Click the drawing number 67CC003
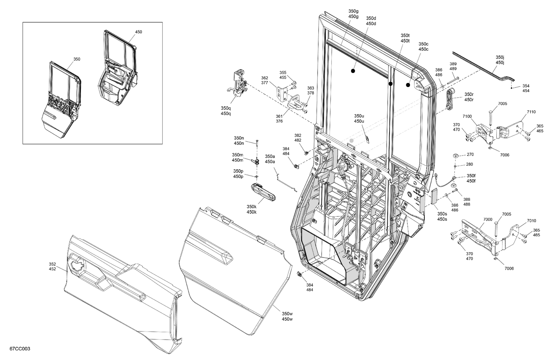pyautogui.click(x=15, y=349)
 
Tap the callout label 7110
pyautogui.click(x=531, y=112)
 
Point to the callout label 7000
pyautogui.click(x=488, y=219)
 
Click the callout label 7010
pyautogui.click(x=532, y=221)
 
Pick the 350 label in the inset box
pyautogui.click(x=76, y=59)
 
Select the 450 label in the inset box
pyautogui.click(x=138, y=32)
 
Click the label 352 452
pyautogui.click(x=52, y=267)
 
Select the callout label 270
pyautogui.click(x=470, y=154)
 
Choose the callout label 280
pyautogui.click(x=469, y=164)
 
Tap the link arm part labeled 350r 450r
pyautogui.click(x=450, y=100)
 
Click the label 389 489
pyautogui.click(x=453, y=66)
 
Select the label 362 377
pyautogui.click(x=264, y=80)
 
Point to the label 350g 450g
pyautogui.click(x=353, y=14)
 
